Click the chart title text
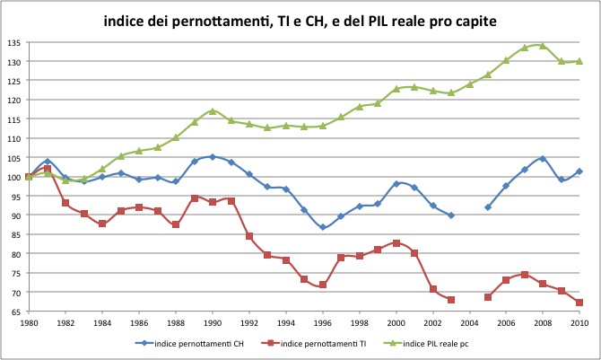300,19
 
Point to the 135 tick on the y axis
13,42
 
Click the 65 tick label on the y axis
14,312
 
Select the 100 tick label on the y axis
13,177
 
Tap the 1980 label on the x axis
29,323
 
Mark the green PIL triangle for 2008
543,46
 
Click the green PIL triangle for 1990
213,110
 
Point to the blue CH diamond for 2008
543,159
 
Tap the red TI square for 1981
48,169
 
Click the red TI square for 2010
579,303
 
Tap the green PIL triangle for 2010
579,61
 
